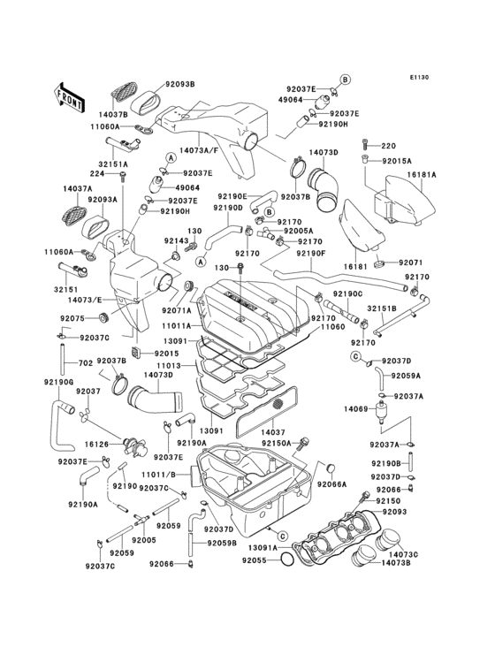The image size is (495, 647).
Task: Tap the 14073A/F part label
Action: pyautogui.click(x=198, y=150)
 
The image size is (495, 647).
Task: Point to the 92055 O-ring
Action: pyautogui.click(x=287, y=560)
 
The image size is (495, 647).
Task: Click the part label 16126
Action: pyautogui.click(x=95, y=445)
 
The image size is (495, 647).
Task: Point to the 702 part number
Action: pyautogui.click(x=86, y=363)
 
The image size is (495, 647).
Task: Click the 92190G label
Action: pyautogui.click(x=58, y=382)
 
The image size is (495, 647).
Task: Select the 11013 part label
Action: pyautogui.click(x=169, y=365)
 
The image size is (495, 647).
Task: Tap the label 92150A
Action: pyautogui.click(x=276, y=444)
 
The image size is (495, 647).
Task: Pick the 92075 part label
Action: pyautogui.click(x=72, y=318)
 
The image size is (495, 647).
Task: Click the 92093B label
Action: pyautogui.click(x=179, y=84)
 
